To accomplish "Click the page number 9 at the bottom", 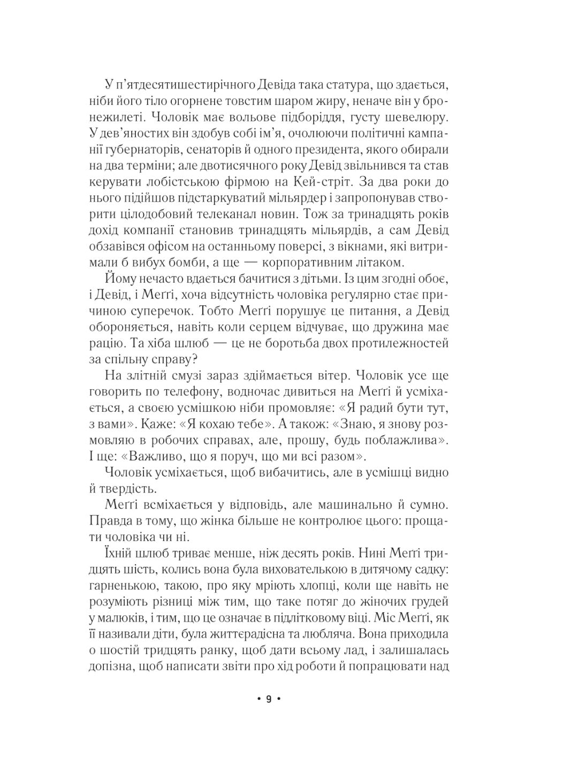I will [x=269, y=699].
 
